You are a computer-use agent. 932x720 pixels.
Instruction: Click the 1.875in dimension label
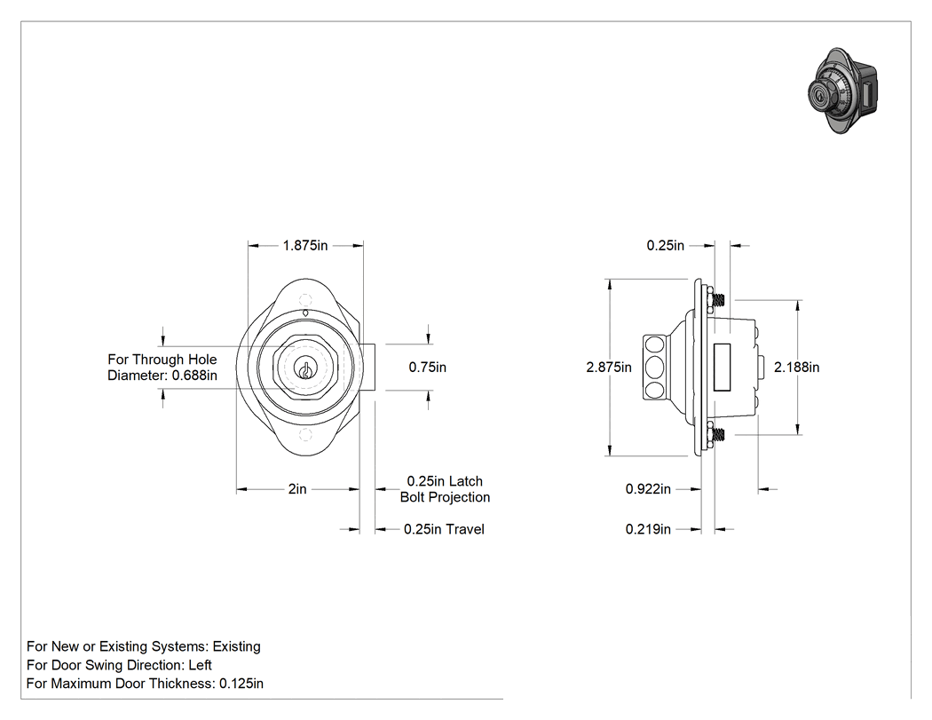[x=305, y=246]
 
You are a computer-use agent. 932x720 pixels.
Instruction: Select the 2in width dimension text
[x=297, y=488]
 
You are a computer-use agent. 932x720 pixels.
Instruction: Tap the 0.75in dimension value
[x=427, y=368]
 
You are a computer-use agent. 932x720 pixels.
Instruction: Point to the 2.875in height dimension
[x=609, y=368]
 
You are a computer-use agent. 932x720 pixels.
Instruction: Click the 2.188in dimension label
[x=796, y=368]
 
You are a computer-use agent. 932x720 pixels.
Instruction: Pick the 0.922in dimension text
[x=648, y=489]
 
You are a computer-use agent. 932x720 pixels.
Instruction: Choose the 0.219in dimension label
[x=648, y=529]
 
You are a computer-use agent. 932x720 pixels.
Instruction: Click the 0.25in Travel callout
[x=444, y=529]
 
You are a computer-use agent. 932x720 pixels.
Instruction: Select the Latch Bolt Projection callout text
[x=446, y=489]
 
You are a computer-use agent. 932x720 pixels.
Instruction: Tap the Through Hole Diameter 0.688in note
[x=162, y=368]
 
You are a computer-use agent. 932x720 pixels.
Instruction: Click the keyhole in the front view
[x=305, y=370]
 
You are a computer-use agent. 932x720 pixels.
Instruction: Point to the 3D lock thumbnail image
[x=843, y=91]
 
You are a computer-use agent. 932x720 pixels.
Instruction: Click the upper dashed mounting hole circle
[x=305, y=300]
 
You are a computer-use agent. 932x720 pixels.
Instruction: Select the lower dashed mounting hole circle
[x=305, y=435]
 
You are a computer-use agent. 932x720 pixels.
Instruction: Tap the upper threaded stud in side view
[x=718, y=299]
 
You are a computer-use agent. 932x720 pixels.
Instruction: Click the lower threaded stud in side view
[x=718, y=435]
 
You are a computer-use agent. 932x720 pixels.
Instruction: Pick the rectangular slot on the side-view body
[x=722, y=368]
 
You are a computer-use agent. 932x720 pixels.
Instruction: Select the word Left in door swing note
[x=200, y=665]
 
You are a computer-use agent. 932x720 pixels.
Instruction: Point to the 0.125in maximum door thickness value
[x=241, y=684]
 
